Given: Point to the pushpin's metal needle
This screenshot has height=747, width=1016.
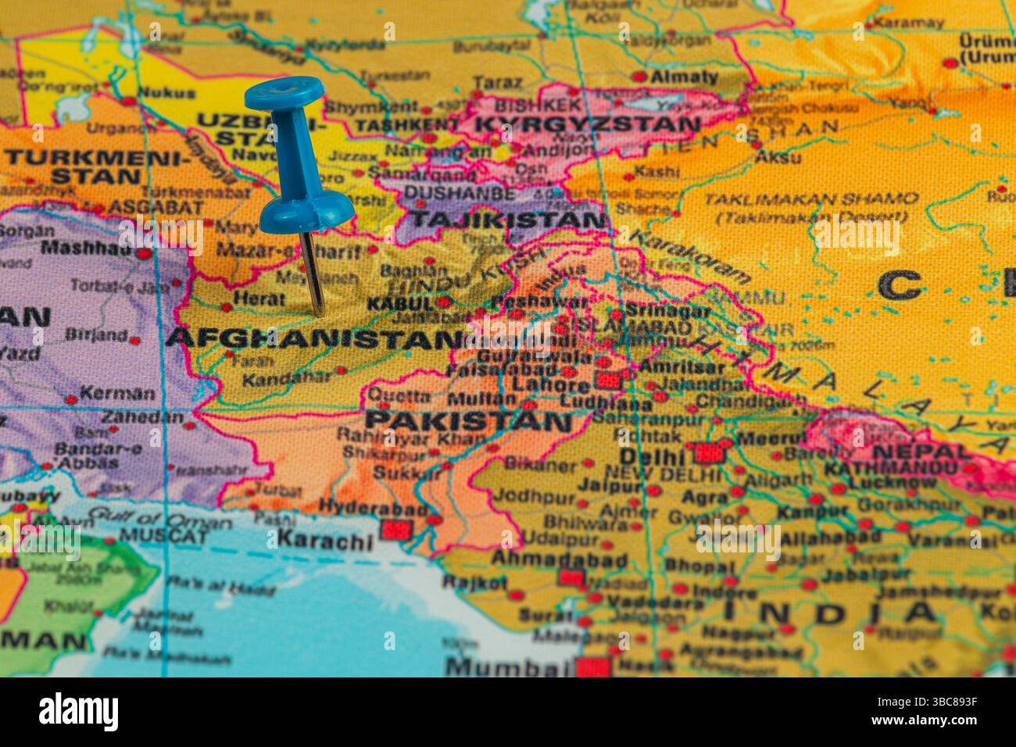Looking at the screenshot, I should click(x=313, y=273).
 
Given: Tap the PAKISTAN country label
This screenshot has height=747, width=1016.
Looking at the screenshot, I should click(x=468, y=422).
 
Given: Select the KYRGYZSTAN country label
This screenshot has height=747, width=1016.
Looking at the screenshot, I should click(x=587, y=124).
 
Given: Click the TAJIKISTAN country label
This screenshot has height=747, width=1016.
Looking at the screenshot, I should click(x=507, y=220).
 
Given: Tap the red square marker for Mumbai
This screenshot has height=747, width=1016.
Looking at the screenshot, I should click(x=592, y=667).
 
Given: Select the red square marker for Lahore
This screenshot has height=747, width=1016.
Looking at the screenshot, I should click(x=609, y=381).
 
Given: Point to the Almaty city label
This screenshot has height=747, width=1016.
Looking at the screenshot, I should click(x=684, y=77).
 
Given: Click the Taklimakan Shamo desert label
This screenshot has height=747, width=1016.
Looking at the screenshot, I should click(x=810, y=198).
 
